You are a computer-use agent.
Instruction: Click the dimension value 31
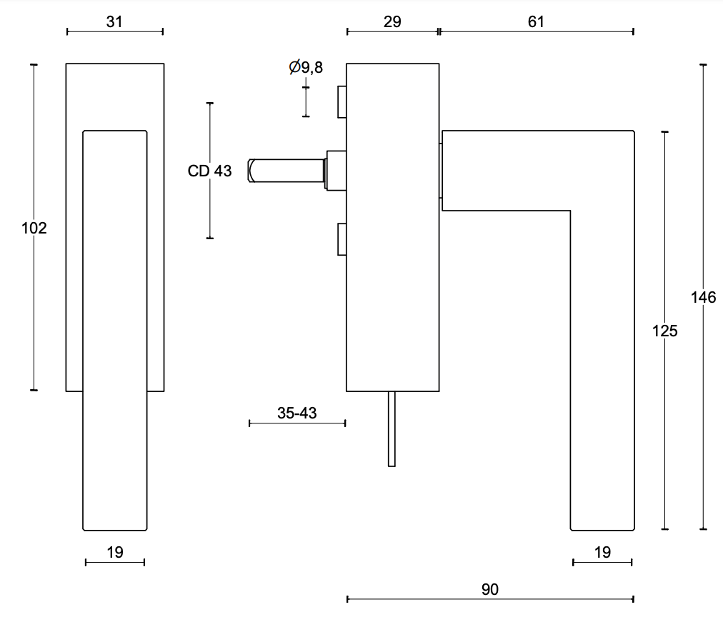point(114,21)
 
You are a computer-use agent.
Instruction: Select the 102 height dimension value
point(34,229)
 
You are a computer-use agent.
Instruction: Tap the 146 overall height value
point(704,298)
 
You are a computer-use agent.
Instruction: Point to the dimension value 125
point(665,331)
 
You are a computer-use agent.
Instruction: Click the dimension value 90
point(490,589)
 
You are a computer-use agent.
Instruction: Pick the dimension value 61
point(536,21)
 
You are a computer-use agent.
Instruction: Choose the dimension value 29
point(392,21)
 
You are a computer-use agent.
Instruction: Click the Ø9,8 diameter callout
point(306,68)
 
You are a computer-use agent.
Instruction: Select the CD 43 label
point(209,171)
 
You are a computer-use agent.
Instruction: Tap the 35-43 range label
point(296,413)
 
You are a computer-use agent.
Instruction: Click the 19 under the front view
point(114,552)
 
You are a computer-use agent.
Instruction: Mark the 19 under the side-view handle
point(602,552)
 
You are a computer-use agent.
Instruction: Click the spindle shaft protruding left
point(286,171)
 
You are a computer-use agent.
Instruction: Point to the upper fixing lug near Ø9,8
point(341,101)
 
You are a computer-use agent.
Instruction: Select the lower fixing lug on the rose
point(341,239)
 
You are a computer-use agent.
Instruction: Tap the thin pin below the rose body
point(392,428)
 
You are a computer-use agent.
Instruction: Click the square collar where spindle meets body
point(335,170)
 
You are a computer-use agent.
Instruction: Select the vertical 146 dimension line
point(704,428)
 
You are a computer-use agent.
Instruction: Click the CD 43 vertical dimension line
point(210,207)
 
